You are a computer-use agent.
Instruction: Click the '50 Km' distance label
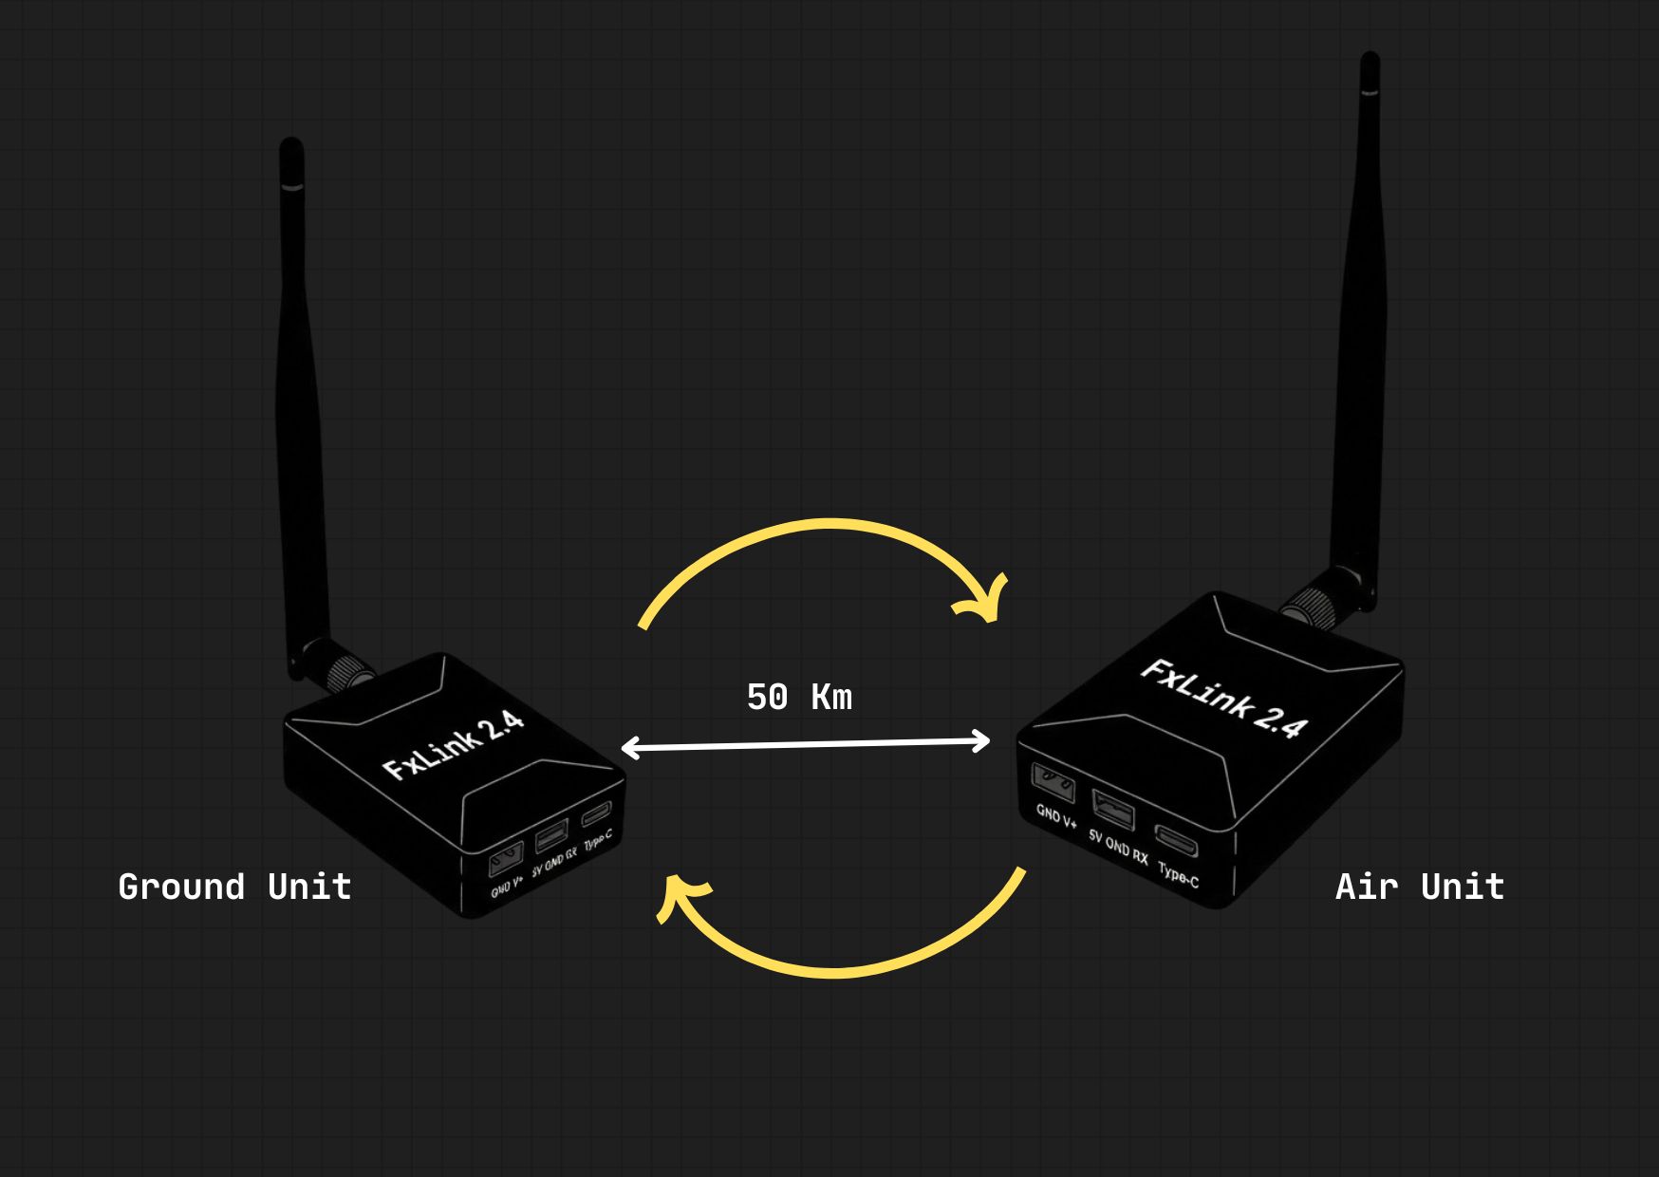pos(799,698)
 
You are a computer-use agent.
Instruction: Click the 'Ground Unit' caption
pos(234,887)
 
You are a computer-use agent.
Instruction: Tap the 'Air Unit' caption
pos(1419,887)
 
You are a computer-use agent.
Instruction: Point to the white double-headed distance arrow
pos(805,745)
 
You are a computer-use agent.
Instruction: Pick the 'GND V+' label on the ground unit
pos(507,887)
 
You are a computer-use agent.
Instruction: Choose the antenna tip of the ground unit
pos(291,152)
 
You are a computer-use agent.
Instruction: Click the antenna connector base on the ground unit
pos(337,667)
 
